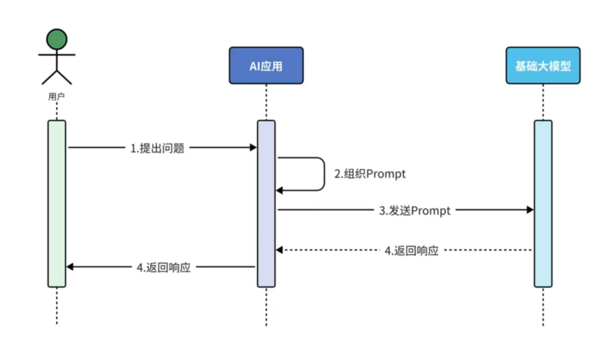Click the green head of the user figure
[x=57, y=39]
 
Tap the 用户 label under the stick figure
[x=56, y=97]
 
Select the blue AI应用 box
[x=266, y=65]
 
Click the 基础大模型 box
[x=543, y=65]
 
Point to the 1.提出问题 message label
[x=157, y=148]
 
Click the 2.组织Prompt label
[x=370, y=174]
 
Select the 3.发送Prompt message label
[x=414, y=210]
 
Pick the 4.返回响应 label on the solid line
[x=164, y=267]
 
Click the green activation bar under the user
[x=57, y=203]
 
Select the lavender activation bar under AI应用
[x=266, y=203]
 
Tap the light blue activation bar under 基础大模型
[x=543, y=203]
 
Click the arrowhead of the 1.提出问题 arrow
[x=253, y=148]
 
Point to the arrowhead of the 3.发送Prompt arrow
[x=530, y=210]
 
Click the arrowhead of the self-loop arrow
[x=279, y=190]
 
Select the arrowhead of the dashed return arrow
[x=279, y=250]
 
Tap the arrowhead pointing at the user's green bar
[x=70, y=266]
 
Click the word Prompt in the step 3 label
[x=431, y=210]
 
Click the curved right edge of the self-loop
[x=324, y=174]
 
